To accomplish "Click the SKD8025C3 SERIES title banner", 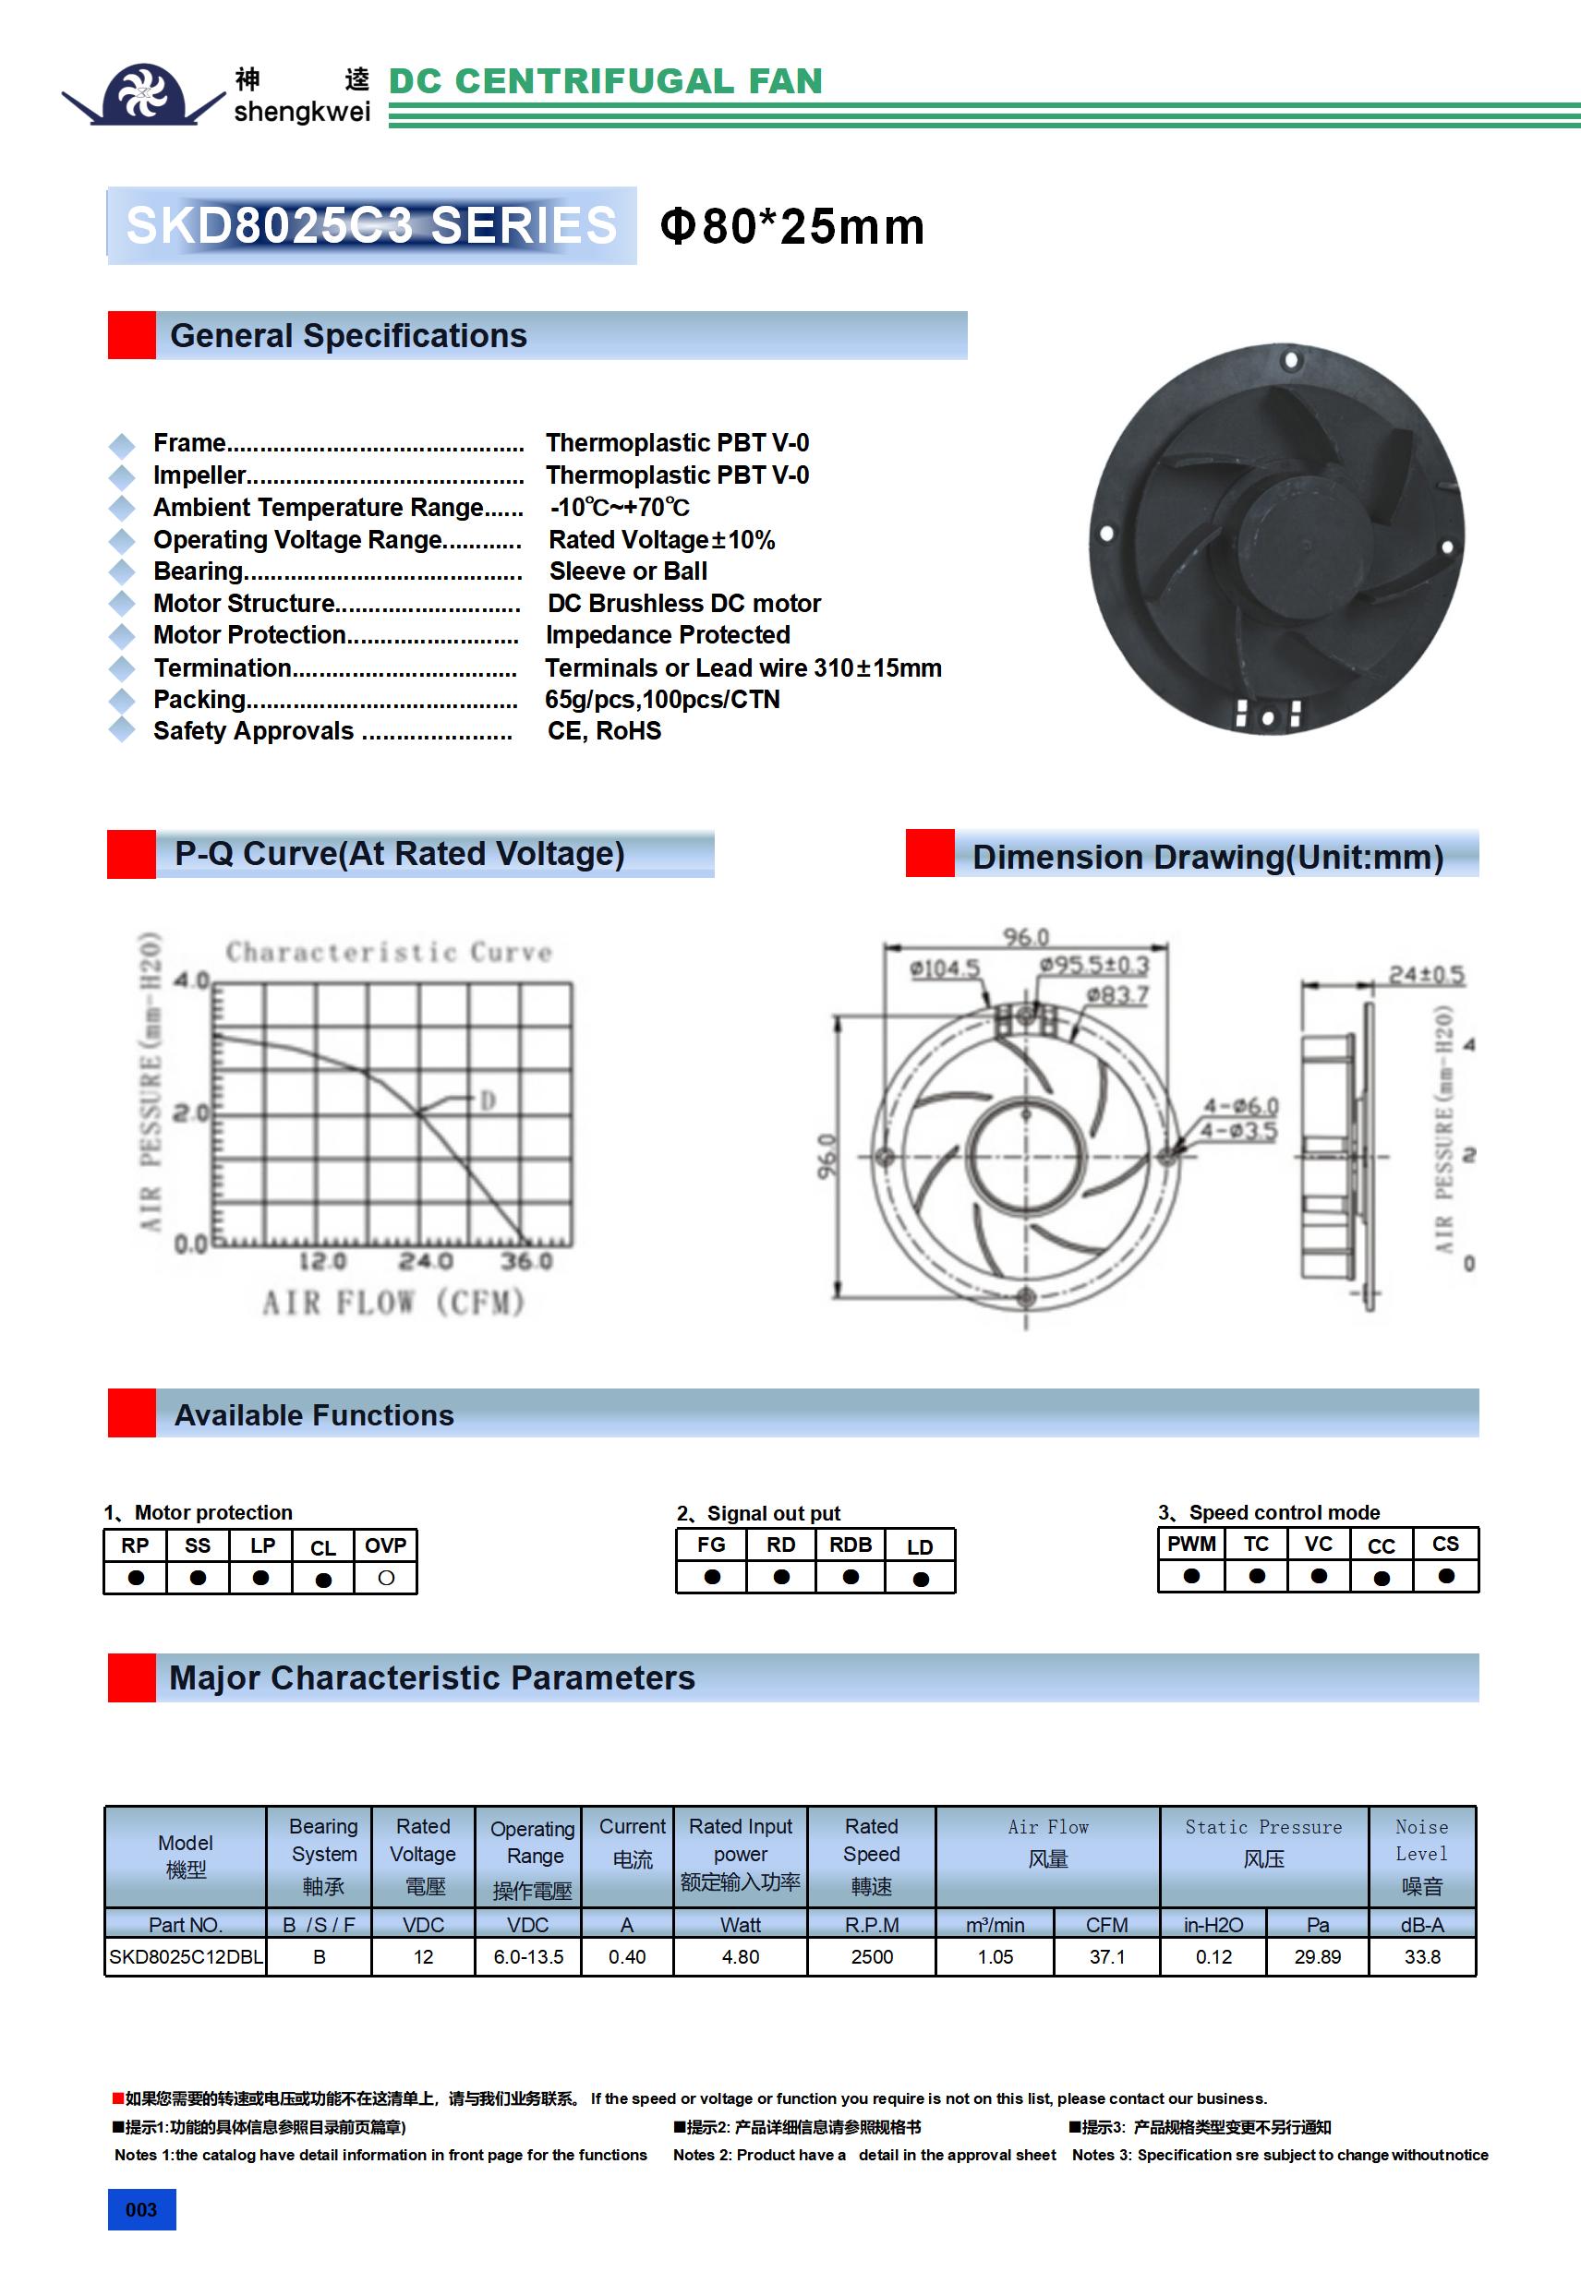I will click(x=371, y=225).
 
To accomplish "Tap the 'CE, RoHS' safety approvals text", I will click(x=604, y=730).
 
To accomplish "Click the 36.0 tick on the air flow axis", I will click(x=525, y=1261).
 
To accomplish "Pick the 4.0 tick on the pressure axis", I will click(x=190, y=980).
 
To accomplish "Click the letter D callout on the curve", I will click(x=487, y=1100).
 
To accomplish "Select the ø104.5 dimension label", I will click(x=945, y=968).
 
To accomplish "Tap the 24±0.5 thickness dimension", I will click(x=1426, y=975).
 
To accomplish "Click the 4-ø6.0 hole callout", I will click(x=1240, y=1105).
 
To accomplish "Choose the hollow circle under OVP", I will click(x=386, y=1578).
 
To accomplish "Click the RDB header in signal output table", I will click(x=851, y=1545).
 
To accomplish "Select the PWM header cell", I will click(x=1191, y=1544).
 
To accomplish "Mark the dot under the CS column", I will click(x=1445, y=1575).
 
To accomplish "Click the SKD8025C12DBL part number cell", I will click(x=187, y=1956).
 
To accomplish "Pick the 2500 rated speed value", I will click(x=871, y=1956).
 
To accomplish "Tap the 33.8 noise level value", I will click(x=1421, y=1956).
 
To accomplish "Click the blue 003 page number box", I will click(x=141, y=2209).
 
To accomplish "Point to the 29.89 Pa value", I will click(x=1317, y=1956).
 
